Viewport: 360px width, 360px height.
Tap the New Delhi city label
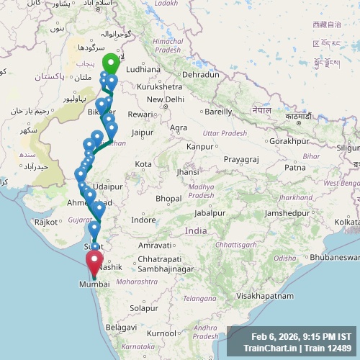coord(166,99)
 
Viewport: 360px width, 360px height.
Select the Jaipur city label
coord(143,132)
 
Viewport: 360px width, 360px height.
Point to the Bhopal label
coord(168,198)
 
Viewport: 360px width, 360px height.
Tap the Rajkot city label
coord(46,222)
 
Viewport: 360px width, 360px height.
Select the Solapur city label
coord(143,307)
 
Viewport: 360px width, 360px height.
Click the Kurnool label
coord(161,334)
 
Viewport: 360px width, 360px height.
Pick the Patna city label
coord(294,167)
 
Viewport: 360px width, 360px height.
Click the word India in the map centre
coord(196,231)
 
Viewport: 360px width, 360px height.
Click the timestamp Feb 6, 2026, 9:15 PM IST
coord(301,336)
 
